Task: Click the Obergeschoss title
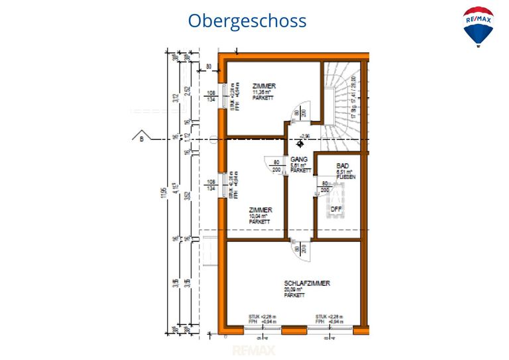247,21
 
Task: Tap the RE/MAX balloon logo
478,26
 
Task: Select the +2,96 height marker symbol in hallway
300,142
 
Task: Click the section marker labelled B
141,138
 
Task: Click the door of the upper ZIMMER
296,113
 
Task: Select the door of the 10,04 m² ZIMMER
276,164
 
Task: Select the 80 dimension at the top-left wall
209,67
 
